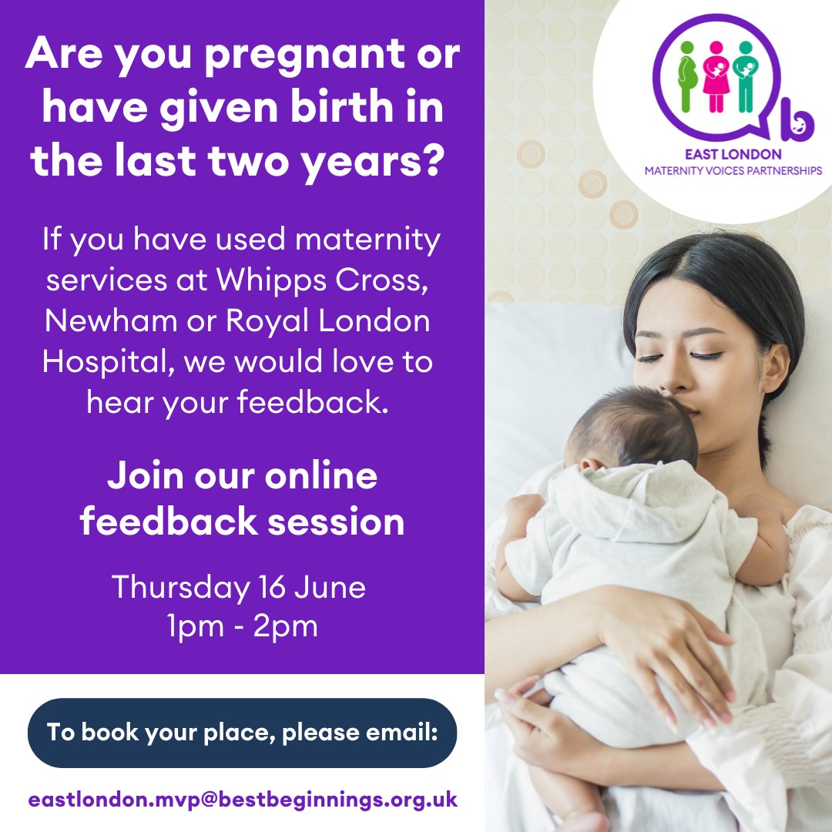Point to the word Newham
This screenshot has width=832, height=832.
(x=110, y=320)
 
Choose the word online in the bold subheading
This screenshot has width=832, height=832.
(x=321, y=475)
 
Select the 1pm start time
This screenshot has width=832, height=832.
(x=196, y=627)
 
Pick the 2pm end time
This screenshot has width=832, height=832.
(x=286, y=627)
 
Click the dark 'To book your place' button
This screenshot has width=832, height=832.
(x=242, y=733)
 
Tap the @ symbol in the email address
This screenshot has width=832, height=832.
(x=206, y=800)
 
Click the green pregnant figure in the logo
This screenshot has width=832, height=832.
(x=687, y=76)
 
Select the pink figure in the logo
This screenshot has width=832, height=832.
(x=716, y=76)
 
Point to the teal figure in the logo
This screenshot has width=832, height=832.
(x=746, y=76)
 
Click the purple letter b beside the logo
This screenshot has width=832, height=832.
(x=797, y=121)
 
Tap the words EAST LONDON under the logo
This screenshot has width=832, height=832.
(x=733, y=154)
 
